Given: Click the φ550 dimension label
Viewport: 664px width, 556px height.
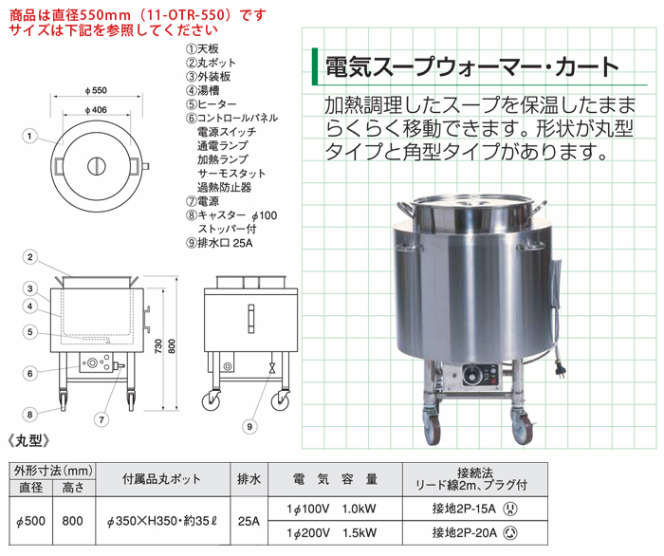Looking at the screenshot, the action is (96, 90).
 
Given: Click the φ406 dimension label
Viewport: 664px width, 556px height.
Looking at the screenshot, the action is (96, 110).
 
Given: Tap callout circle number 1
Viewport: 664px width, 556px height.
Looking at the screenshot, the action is (29, 136).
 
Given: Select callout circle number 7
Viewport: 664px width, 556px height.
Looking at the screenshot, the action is (101, 419).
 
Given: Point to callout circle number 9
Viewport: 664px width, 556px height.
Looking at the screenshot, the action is (249, 426).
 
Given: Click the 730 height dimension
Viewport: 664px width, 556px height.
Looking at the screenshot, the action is (158, 347).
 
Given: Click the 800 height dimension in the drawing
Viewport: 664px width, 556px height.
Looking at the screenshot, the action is (171, 347).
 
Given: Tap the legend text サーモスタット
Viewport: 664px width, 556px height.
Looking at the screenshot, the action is (231, 174).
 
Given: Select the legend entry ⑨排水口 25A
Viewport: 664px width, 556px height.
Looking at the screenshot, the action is (219, 243).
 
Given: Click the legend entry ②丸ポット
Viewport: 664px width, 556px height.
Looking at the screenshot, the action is (211, 63).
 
